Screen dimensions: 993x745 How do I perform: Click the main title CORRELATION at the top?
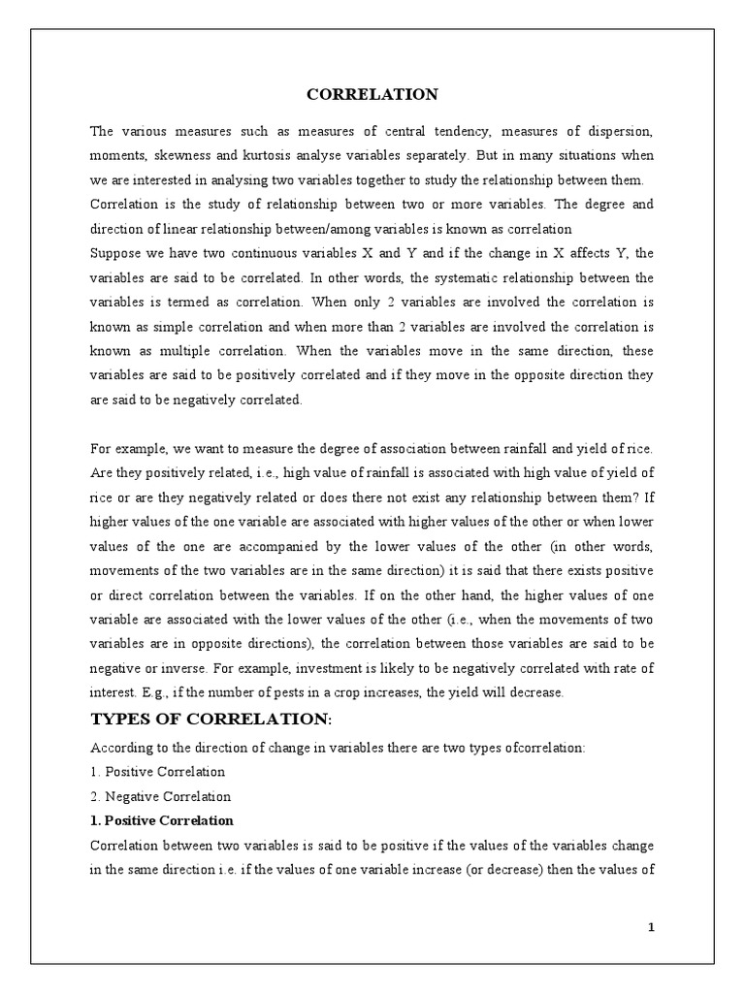[x=372, y=94]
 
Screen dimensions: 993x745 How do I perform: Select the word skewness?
[x=207, y=155]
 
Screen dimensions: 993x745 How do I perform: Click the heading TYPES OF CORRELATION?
[x=211, y=720]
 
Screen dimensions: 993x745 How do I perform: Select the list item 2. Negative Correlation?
[x=160, y=796]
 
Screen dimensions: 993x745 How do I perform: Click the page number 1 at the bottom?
[x=652, y=927]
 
